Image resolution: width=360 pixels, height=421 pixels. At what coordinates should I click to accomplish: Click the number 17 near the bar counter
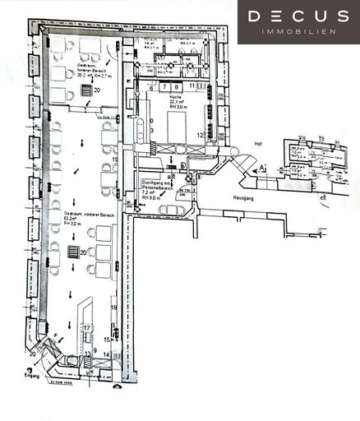[86, 327]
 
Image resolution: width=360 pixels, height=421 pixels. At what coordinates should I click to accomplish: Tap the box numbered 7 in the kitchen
[164, 86]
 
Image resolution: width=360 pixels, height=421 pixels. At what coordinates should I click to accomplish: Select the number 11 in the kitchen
[192, 86]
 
